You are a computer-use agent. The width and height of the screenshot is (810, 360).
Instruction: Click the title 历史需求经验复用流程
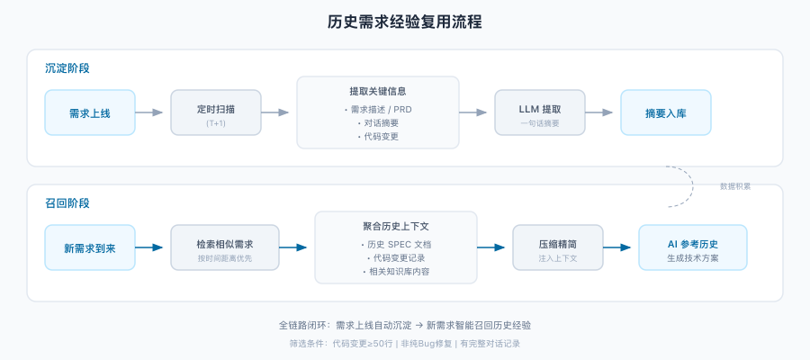[404, 22]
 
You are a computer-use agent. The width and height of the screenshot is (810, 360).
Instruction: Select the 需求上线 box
[90, 112]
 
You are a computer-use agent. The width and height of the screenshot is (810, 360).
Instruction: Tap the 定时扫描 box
[216, 112]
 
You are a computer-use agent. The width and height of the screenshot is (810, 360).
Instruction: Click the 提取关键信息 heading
[378, 91]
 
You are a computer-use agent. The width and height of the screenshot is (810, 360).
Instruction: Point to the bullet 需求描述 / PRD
[378, 109]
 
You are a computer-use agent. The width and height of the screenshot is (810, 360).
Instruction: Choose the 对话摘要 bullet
[378, 122]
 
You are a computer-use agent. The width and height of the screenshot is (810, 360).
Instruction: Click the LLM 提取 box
[540, 112]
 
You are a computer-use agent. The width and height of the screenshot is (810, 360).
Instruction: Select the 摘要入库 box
[666, 112]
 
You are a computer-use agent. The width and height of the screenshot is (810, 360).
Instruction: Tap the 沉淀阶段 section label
[67, 68]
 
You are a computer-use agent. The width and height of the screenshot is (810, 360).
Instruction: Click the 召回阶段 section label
[67, 203]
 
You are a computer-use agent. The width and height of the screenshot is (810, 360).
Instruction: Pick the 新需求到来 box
[90, 247]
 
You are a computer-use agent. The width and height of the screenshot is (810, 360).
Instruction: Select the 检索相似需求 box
[225, 247]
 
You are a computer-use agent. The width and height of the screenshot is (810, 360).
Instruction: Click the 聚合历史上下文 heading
[396, 226]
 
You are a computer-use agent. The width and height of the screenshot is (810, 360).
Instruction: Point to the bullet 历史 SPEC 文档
[396, 244]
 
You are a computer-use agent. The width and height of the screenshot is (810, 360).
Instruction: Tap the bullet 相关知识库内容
[396, 271]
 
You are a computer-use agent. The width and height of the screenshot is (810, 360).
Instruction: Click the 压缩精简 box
[558, 247]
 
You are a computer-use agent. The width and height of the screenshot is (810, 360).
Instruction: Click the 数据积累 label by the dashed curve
[735, 186]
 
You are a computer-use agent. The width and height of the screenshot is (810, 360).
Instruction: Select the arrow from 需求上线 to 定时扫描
[152, 112]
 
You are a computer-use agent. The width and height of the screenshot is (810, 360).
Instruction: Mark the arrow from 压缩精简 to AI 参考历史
[620, 247]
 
